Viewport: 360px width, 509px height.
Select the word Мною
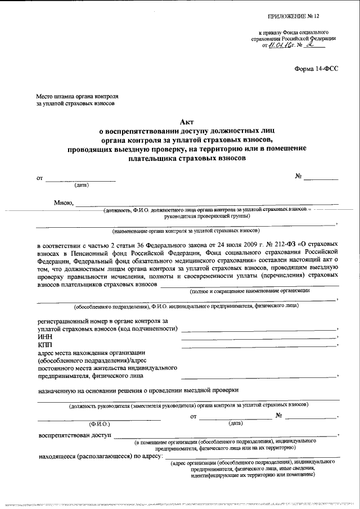pyautogui.click(x=62, y=203)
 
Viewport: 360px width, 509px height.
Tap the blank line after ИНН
pyautogui.click(x=258, y=338)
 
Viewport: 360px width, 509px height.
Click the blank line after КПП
pyautogui.click(x=258, y=346)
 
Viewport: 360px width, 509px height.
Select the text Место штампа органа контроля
pyautogui.click(x=77, y=96)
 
